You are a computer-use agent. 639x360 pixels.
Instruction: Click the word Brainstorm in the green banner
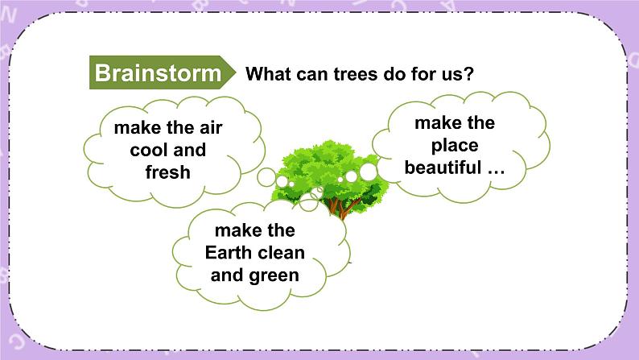tap(158, 73)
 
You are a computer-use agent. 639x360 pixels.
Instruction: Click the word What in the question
tap(271, 74)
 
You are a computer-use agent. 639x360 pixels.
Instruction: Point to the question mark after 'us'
tap(468, 74)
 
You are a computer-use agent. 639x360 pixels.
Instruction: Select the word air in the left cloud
tap(207, 127)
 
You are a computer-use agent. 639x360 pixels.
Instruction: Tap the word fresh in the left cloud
tap(167, 172)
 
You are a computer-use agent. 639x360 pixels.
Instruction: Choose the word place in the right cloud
tap(454, 146)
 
